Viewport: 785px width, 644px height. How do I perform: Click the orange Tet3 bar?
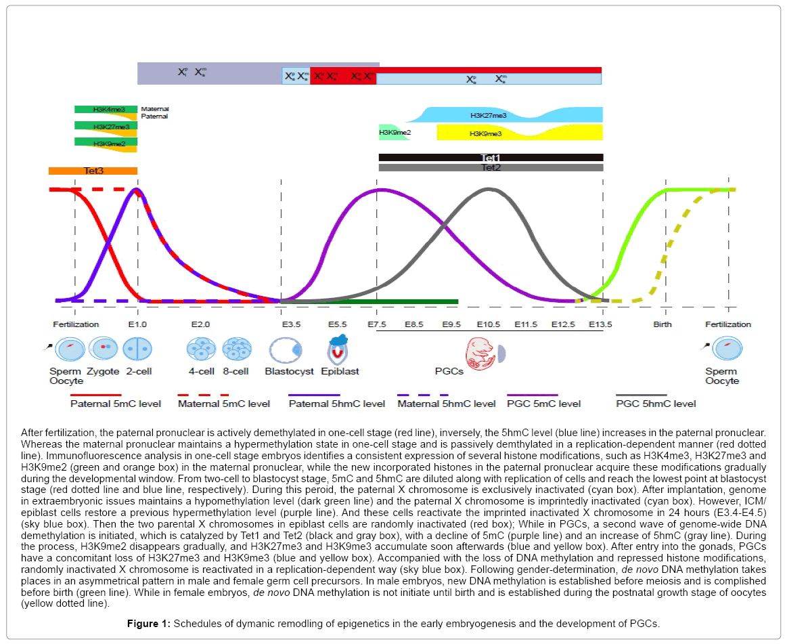pyautogui.click(x=93, y=171)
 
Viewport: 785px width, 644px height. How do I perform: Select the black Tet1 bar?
pyautogui.click(x=490, y=158)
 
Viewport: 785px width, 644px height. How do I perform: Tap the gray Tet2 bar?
pyautogui.click(x=490, y=167)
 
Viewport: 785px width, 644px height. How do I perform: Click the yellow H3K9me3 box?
pyautogui.click(x=486, y=133)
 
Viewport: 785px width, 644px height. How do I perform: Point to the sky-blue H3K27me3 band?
pyautogui.click(x=501, y=115)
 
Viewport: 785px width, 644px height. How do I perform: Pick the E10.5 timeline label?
pyautogui.click(x=488, y=324)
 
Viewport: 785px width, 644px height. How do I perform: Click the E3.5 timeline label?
pyautogui.click(x=292, y=324)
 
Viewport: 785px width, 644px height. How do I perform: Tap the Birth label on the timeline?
pyautogui.click(x=663, y=324)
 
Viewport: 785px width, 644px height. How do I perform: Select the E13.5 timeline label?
pyautogui.click(x=600, y=324)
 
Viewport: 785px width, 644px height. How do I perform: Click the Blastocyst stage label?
pyautogui.click(x=289, y=371)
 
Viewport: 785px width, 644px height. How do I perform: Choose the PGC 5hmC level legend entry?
pyautogui.click(x=655, y=404)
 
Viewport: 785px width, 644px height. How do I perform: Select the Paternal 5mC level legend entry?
pyautogui.click(x=115, y=404)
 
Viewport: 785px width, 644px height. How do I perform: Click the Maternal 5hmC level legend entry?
pyautogui.click(x=446, y=404)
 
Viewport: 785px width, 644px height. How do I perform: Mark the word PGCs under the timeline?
pyautogui.click(x=449, y=371)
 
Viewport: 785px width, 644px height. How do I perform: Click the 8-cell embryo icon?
pyautogui.click(x=237, y=349)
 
